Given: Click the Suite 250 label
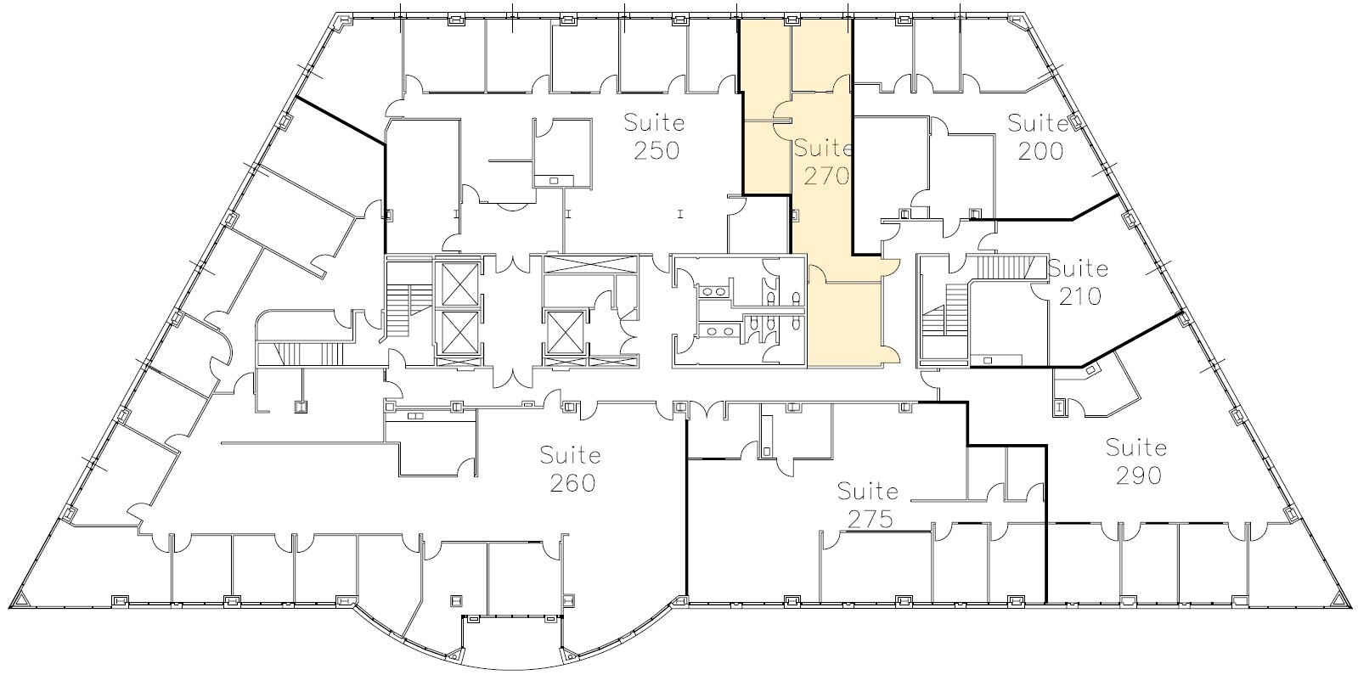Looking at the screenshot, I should (x=654, y=136).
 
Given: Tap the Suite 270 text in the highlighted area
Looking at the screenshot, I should (x=822, y=162).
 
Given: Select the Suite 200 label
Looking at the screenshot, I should (x=1037, y=137).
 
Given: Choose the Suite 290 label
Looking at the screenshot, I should (x=1136, y=460).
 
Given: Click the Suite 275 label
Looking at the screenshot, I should (x=867, y=504).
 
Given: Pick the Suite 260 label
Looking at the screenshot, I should (x=571, y=469).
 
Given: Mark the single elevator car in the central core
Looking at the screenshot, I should (x=564, y=332).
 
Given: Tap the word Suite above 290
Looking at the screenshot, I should (x=1136, y=447).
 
